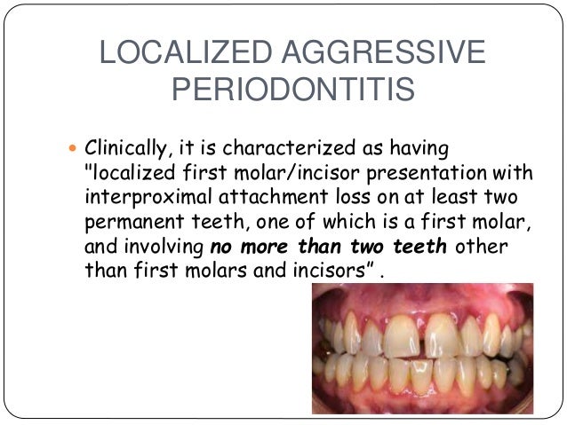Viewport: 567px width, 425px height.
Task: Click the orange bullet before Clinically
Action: click(x=73, y=146)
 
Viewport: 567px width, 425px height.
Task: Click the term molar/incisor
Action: click(x=275, y=170)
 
